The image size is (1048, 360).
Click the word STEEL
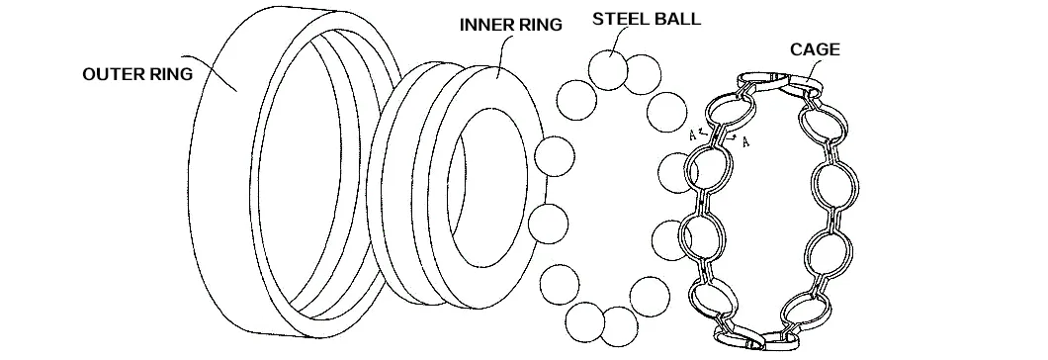pyautogui.click(x=621, y=19)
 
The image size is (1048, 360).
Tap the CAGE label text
pyautogui.click(x=816, y=48)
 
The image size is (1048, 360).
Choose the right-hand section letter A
pyautogui.click(x=744, y=141)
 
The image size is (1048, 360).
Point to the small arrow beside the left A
pyautogui.click(x=703, y=131)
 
